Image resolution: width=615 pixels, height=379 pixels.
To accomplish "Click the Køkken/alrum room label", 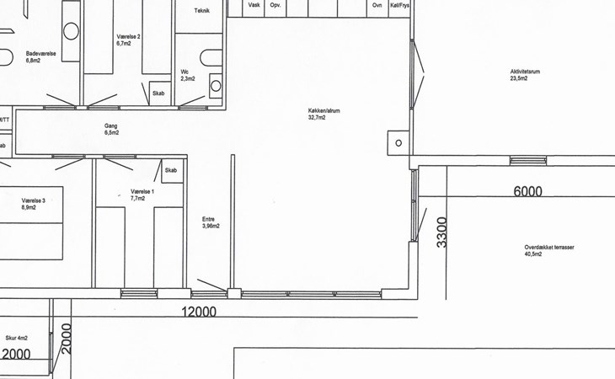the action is [324, 110].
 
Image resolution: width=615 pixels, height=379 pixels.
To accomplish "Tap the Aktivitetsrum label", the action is [525, 72].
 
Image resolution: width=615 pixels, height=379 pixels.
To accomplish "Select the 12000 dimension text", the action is [199, 312].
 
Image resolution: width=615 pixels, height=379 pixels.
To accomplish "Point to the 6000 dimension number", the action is [528, 191].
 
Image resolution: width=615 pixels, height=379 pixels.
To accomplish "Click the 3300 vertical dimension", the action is [441, 232].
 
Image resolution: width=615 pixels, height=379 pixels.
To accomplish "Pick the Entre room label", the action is [208, 219].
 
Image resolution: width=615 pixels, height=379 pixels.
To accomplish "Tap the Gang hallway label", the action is [110, 125].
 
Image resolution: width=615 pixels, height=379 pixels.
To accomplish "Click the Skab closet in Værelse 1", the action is [172, 170].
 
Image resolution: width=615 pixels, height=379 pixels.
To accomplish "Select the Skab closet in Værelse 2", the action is [159, 93].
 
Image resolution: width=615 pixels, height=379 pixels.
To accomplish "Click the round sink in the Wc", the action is [216, 86].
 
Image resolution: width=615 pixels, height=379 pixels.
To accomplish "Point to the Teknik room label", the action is [202, 11].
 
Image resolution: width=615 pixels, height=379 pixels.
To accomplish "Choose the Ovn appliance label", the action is [377, 5].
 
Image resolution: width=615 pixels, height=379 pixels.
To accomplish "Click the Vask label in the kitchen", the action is [254, 5].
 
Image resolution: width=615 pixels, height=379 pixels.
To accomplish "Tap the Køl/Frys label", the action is [399, 5].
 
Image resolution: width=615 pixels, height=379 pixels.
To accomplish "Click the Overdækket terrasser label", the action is [549, 248].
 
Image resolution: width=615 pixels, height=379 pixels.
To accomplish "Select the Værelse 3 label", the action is [34, 200].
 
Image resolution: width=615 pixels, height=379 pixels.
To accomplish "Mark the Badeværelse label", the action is [40, 54].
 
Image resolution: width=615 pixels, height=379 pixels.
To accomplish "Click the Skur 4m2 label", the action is [17, 338].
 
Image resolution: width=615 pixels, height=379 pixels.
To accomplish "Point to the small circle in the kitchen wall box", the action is [398, 143].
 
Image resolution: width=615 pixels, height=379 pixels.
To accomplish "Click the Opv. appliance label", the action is [275, 5].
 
